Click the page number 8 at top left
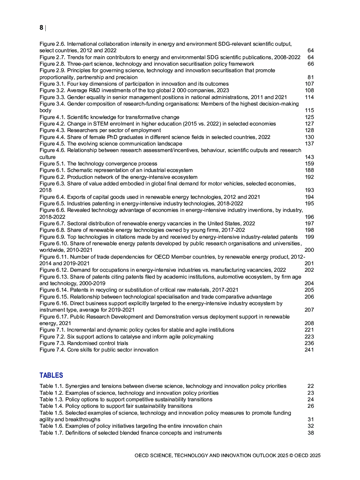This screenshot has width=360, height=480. click(x=41, y=28)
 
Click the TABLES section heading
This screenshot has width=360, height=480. click(x=51, y=376)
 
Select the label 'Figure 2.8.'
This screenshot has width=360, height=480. click(x=52, y=64)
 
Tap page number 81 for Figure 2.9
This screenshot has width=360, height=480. click(x=311, y=77)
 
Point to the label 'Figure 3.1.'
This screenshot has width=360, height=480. click(x=52, y=84)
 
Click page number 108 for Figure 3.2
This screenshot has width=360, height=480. click(x=309, y=90)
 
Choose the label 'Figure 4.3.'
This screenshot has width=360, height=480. click(x=52, y=130)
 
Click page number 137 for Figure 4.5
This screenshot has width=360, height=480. click(x=309, y=144)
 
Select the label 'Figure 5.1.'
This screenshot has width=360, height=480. click(x=52, y=164)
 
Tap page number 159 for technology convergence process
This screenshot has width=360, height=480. click(x=309, y=164)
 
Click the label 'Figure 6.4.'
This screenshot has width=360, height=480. click(x=52, y=197)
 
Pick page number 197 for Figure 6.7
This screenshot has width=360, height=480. click(x=309, y=223)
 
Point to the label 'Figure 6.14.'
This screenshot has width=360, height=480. click(x=54, y=290)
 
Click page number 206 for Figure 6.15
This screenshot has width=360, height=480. click(x=309, y=297)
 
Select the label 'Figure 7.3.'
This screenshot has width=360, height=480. click(x=52, y=343)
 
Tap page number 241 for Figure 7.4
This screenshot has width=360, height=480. click(x=309, y=350)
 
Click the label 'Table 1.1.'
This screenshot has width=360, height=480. click(x=52, y=386)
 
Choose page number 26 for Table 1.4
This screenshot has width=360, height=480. click(x=311, y=406)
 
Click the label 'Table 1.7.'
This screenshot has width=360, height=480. click(x=52, y=433)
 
